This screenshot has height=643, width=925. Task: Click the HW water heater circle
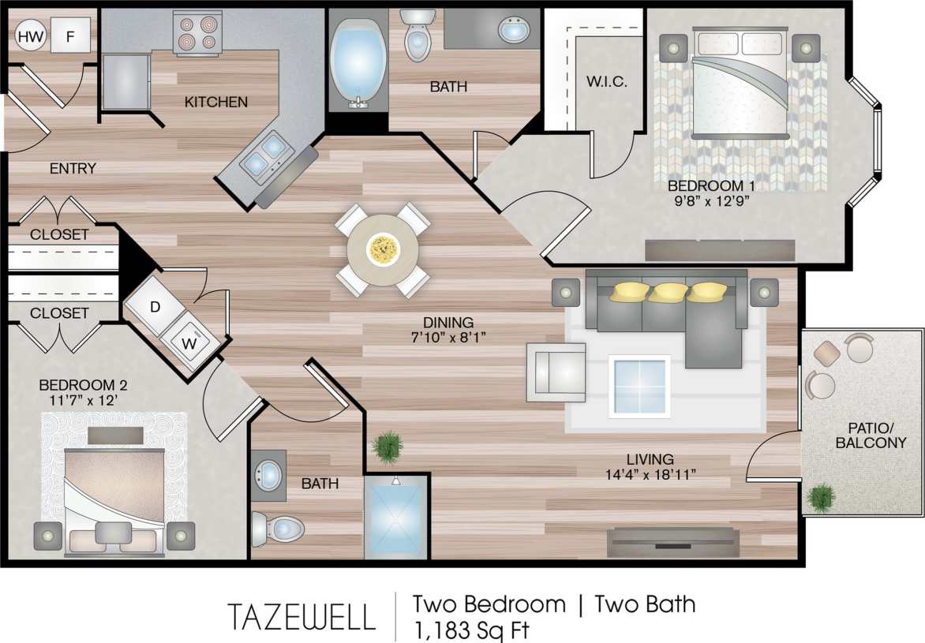tap(30, 36)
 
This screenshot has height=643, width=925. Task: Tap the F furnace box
tap(70, 36)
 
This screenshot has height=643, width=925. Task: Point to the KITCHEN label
tap(215, 102)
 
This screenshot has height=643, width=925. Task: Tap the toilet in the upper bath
tap(417, 36)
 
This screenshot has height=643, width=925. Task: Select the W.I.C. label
tap(607, 81)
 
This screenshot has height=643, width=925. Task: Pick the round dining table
tap(384, 250)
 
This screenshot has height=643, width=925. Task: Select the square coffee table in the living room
tap(639, 386)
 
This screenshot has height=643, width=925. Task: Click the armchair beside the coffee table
tap(557, 371)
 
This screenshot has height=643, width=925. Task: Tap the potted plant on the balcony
tap(822, 497)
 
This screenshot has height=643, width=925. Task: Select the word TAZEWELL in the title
tap(301, 616)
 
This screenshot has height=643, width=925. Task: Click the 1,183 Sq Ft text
tap(471, 630)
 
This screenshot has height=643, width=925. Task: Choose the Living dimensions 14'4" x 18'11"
tap(650, 474)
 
